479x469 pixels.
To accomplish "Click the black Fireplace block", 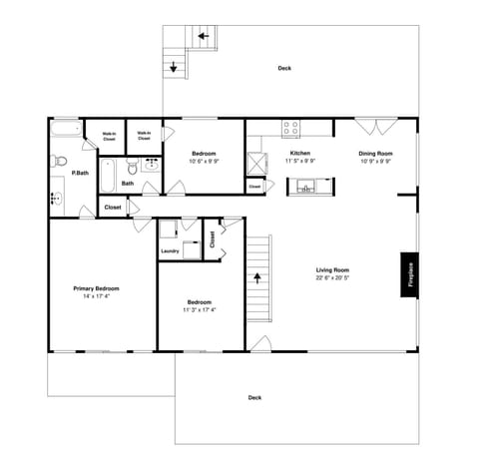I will (409, 274).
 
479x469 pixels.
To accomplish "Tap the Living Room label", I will (332, 270).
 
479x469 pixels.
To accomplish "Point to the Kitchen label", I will (299, 153).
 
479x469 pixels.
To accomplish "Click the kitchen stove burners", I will (291, 128).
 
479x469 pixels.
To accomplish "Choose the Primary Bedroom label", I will (97, 288).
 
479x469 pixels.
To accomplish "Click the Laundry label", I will (170, 250).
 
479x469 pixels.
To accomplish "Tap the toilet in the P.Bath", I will (59, 160).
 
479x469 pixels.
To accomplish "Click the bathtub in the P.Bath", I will (68, 128).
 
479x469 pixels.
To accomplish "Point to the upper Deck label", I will (284, 68).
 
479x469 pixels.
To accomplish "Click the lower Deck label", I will (254, 397).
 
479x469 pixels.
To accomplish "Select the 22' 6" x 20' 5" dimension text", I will (332, 278).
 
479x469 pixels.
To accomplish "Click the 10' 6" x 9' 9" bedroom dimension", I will (205, 161).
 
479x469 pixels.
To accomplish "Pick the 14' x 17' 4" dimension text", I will (97, 296).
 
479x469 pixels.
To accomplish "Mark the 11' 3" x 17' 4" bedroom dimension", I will (199, 309).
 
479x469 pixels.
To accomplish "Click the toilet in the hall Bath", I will (131, 168).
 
